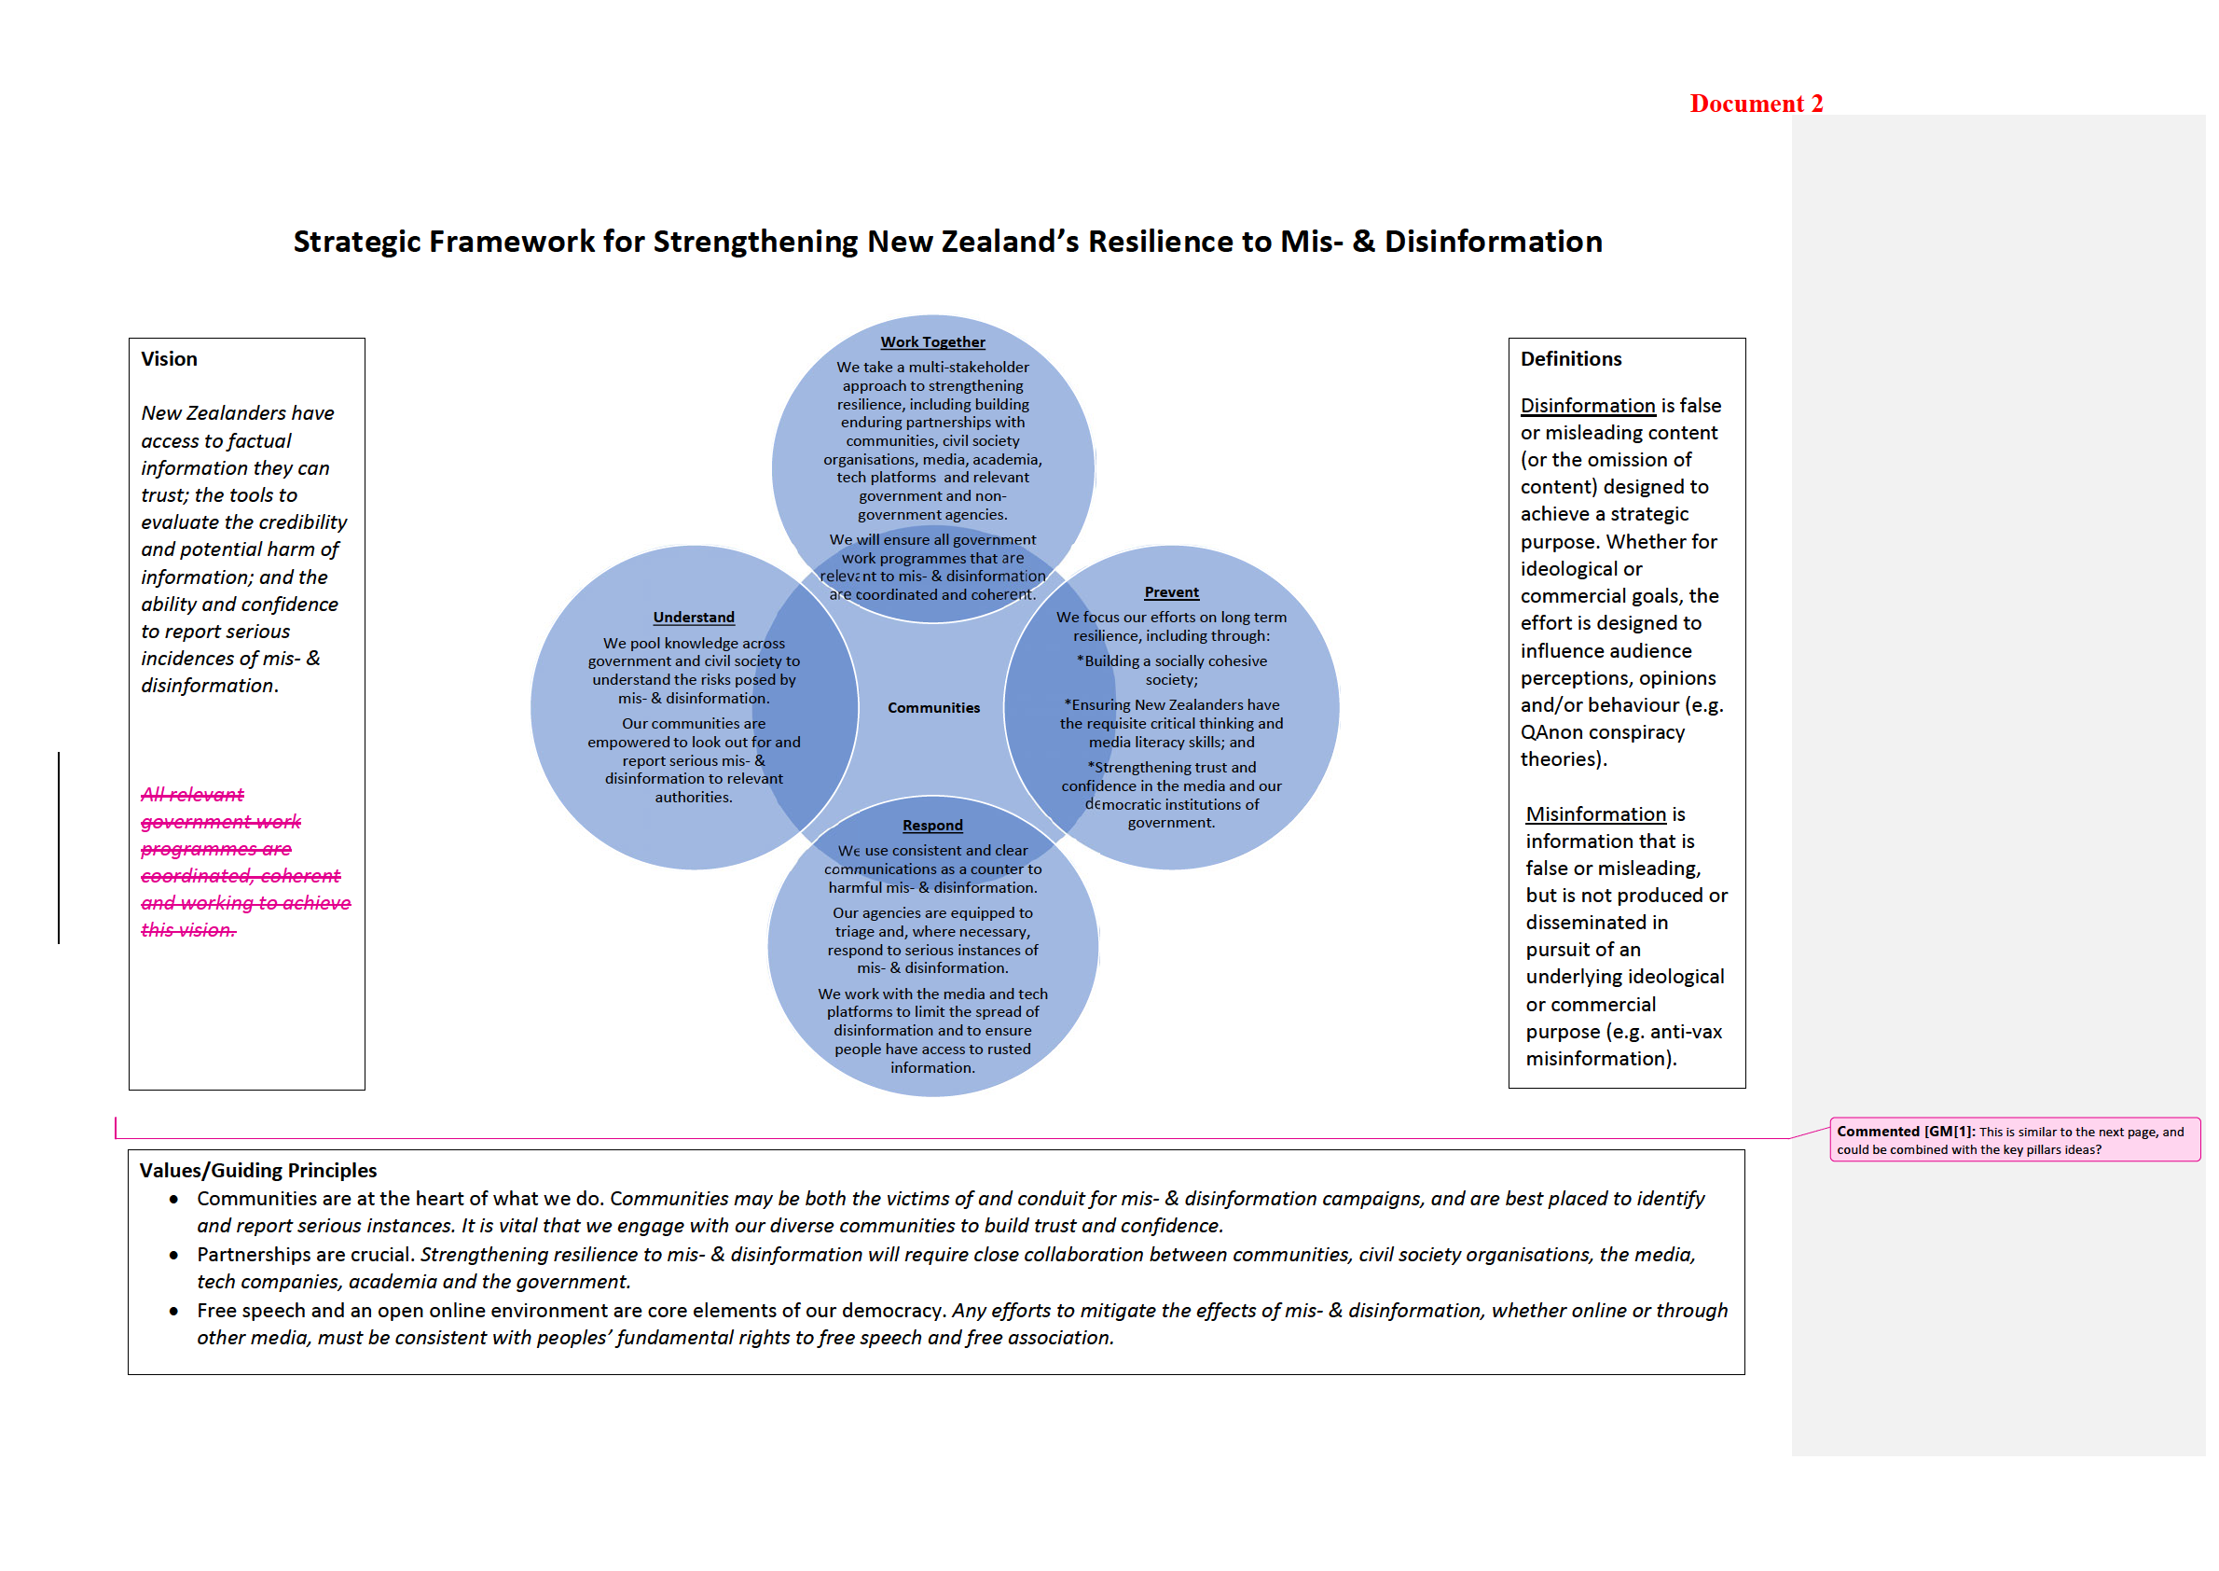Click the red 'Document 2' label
click(1755, 104)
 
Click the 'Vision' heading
click(169, 359)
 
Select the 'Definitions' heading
click(1570, 359)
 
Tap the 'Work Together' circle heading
click(932, 341)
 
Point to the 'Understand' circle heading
click(694, 618)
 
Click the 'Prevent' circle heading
click(1171, 592)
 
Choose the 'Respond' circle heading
click(932, 826)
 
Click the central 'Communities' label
click(933, 708)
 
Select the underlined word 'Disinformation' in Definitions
click(1587, 405)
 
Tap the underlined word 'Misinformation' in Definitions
click(1595, 814)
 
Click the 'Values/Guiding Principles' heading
click(258, 1171)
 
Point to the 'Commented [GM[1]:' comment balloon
click(2013, 1140)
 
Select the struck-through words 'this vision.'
click(188, 930)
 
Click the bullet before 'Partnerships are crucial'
click(174, 1256)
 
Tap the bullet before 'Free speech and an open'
click(174, 1312)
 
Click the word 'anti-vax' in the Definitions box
click(1686, 1031)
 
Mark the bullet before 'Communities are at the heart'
click(174, 1200)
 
